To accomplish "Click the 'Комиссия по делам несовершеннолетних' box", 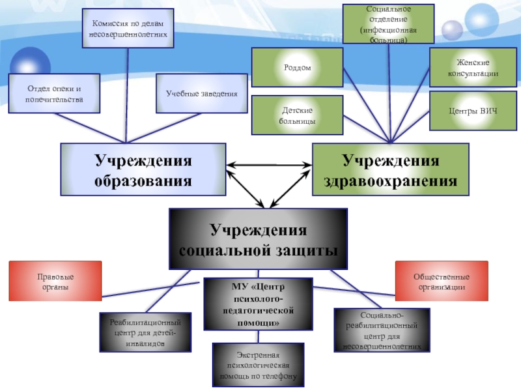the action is [128, 28].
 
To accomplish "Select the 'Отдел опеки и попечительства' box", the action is [54, 93].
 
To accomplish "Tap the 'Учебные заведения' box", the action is [202, 93].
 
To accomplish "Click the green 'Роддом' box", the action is [298, 68].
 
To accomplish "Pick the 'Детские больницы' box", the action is [298, 115].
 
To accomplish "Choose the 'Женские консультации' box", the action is [473, 68].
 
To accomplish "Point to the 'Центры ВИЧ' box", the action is [473, 111].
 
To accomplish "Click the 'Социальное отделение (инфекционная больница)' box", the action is [388, 23].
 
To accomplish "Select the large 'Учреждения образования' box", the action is [143, 169].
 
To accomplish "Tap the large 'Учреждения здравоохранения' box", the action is [390, 169].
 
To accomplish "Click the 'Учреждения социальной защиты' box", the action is [258, 239].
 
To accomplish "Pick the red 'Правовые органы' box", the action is [55, 281].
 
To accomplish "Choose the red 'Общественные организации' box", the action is [442, 281].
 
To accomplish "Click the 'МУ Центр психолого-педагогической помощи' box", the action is [258, 304].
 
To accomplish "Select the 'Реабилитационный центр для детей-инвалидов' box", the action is [145, 332].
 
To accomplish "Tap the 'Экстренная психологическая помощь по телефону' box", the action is [258, 365].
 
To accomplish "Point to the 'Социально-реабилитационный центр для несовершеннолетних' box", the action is [382, 330].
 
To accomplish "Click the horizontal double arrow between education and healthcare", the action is [269, 165].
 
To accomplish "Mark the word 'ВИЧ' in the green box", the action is [489, 111].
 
